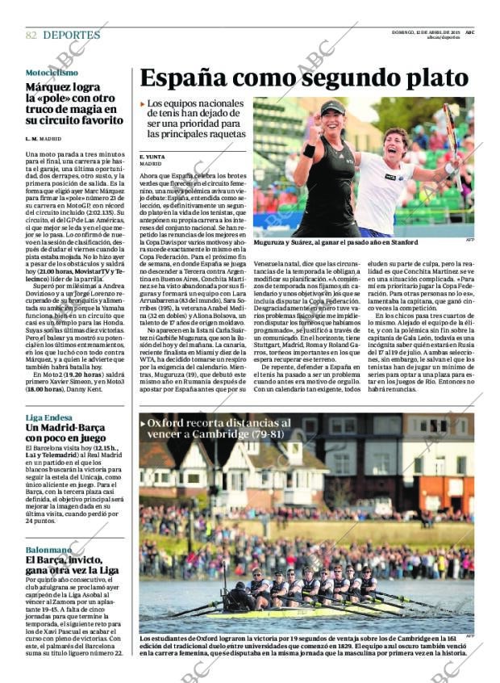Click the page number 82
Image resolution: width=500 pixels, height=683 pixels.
[31, 36]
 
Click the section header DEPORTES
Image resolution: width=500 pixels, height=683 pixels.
[72, 36]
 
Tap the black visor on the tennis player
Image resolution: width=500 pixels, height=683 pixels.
[332, 109]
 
